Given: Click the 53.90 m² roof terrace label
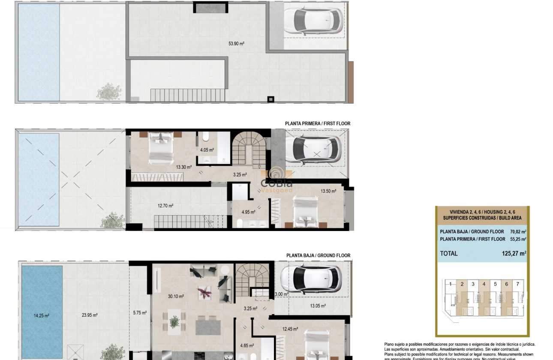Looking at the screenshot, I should tap(236, 43).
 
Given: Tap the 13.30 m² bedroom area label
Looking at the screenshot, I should tap(183, 167).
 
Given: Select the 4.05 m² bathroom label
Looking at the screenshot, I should tap(207, 150).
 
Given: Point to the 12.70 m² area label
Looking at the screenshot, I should tap(165, 206).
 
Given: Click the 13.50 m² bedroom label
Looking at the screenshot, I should tap(328, 191).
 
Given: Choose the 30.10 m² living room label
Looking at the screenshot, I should tap(176, 296).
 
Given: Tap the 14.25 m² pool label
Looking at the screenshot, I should tap(42, 316).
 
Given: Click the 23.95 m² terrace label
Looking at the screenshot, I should tap(90, 315).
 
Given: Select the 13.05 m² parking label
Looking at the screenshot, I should tap(318, 306).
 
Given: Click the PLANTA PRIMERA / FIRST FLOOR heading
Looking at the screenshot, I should tap(318, 123).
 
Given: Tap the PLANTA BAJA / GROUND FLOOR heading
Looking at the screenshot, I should tap(318, 255).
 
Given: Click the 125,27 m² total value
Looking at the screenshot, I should tap(514, 253).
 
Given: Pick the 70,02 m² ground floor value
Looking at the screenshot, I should tap(518, 231).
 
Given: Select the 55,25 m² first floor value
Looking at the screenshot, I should tap(518, 239).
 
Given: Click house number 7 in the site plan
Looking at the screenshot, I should tap(517, 284).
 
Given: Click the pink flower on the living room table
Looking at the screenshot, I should tap(204, 292).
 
